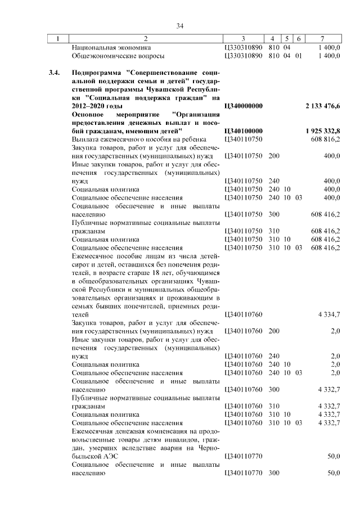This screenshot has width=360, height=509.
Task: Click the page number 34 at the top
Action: (x=180, y=26)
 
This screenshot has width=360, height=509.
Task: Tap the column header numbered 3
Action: (x=243, y=39)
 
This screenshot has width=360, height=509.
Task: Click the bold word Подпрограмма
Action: (x=97, y=73)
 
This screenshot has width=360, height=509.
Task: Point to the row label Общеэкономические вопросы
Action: (x=118, y=56)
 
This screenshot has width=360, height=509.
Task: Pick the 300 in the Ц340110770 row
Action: (x=274, y=473)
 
